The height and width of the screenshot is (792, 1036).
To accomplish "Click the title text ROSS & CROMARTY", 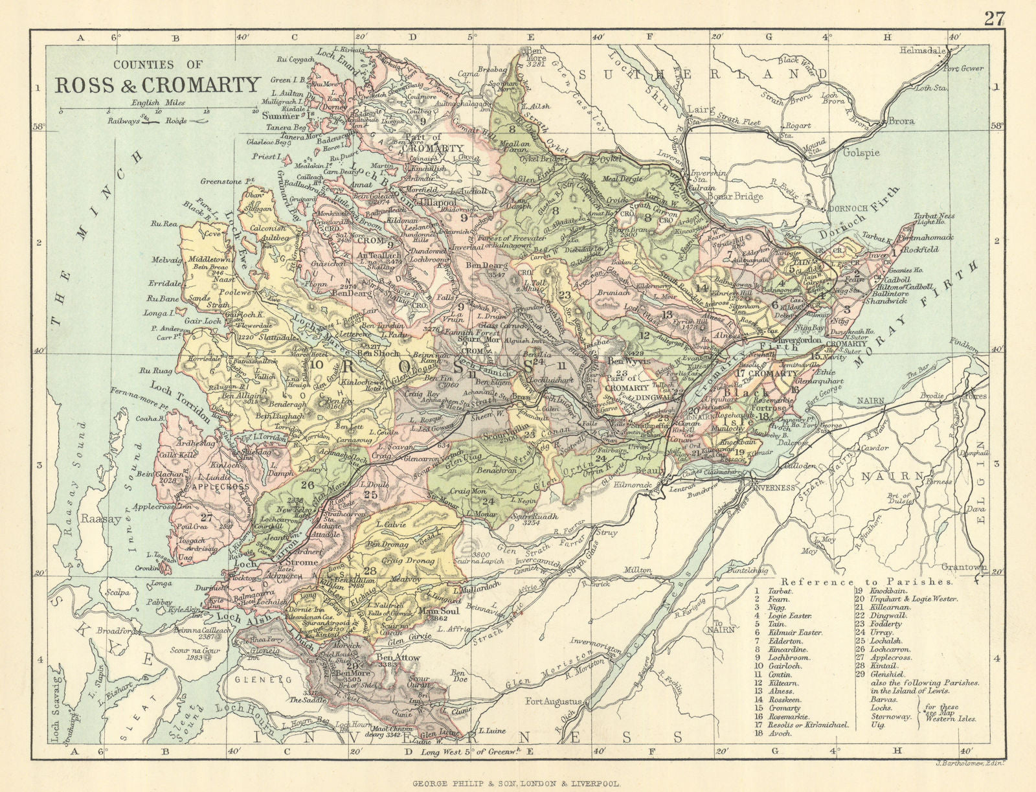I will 157,85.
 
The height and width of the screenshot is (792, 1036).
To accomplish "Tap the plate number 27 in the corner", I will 994,19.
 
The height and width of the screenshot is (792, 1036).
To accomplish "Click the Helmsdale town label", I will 921,49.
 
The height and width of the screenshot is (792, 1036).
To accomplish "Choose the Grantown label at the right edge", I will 965,567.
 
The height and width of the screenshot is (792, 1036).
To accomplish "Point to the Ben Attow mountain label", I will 399,658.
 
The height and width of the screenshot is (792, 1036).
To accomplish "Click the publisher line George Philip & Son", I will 517,782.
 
